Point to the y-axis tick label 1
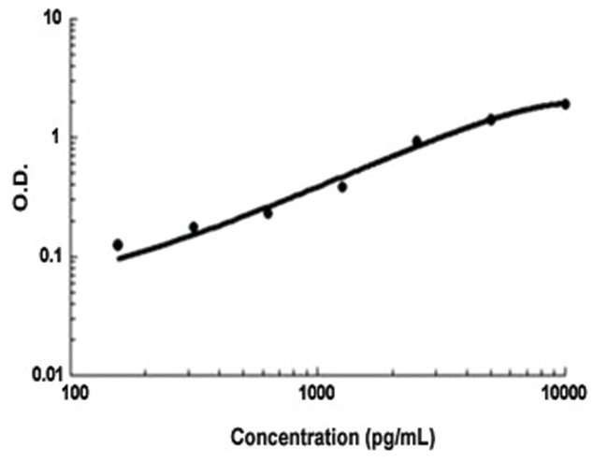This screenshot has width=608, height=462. point(60,137)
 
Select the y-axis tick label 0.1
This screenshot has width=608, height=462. point(52,256)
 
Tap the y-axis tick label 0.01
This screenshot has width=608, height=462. point(49,376)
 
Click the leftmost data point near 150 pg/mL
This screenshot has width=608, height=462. point(118,245)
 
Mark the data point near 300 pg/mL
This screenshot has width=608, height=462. point(194,227)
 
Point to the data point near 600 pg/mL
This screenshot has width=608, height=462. point(268,213)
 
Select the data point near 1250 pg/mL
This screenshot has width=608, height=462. point(342,187)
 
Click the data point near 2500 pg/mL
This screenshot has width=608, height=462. point(417,141)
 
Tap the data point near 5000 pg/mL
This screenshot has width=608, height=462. point(490,120)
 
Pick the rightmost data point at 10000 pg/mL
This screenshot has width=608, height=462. point(565,104)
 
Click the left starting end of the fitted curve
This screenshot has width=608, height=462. point(119,258)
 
